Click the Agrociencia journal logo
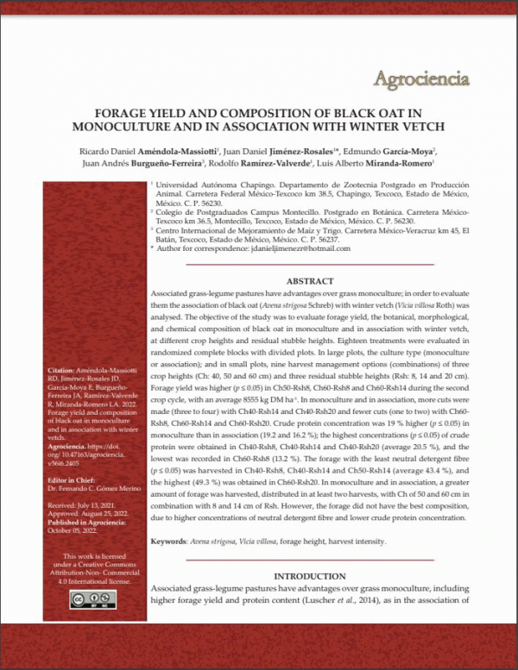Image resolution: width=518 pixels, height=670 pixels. (x=422, y=78)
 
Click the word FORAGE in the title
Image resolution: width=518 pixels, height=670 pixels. (x=121, y=113)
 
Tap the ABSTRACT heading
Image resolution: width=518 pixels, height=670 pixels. (x=309, y=281)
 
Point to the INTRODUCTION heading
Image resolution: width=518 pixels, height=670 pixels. (x=309, y=575)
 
